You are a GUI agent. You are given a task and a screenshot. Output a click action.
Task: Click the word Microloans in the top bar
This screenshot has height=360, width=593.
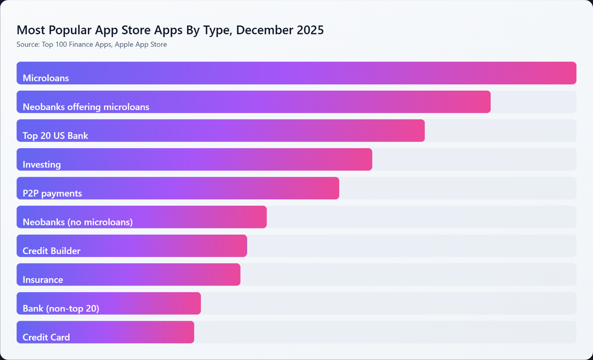(46, 78)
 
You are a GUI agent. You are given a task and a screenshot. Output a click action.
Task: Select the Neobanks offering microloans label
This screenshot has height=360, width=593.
(86, 107)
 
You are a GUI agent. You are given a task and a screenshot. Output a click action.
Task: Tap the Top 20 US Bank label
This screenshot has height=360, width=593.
(55, 136)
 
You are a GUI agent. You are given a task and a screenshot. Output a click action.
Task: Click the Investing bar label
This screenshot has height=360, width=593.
(41, 165)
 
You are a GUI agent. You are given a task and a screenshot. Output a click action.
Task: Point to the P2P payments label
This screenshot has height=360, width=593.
(52, 193)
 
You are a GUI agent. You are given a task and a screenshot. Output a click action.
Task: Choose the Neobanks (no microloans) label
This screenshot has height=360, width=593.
(77, 222)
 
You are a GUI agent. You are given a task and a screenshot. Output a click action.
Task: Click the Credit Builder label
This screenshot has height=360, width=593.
(51, 251)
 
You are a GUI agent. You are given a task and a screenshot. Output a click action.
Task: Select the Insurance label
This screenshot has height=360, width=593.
(43, 280)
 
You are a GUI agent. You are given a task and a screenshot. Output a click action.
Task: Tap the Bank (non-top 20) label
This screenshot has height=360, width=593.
(61, 308)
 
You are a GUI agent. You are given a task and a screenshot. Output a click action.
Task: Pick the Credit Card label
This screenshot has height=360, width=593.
(46, 337)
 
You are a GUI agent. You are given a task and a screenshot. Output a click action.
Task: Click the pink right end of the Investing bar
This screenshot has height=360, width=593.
(364, 159)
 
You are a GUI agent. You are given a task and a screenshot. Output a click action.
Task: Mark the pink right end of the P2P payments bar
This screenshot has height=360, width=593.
(331, 188)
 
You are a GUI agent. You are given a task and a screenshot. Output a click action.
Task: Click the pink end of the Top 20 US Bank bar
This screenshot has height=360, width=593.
(417, 130)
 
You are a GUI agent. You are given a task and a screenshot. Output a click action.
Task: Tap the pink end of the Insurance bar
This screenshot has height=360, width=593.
(233, 274)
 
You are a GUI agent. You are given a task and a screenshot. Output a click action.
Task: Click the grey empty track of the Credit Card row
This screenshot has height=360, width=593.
(385, 332)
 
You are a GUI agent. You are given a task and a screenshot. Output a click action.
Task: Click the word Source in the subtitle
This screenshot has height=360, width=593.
(28, 44)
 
